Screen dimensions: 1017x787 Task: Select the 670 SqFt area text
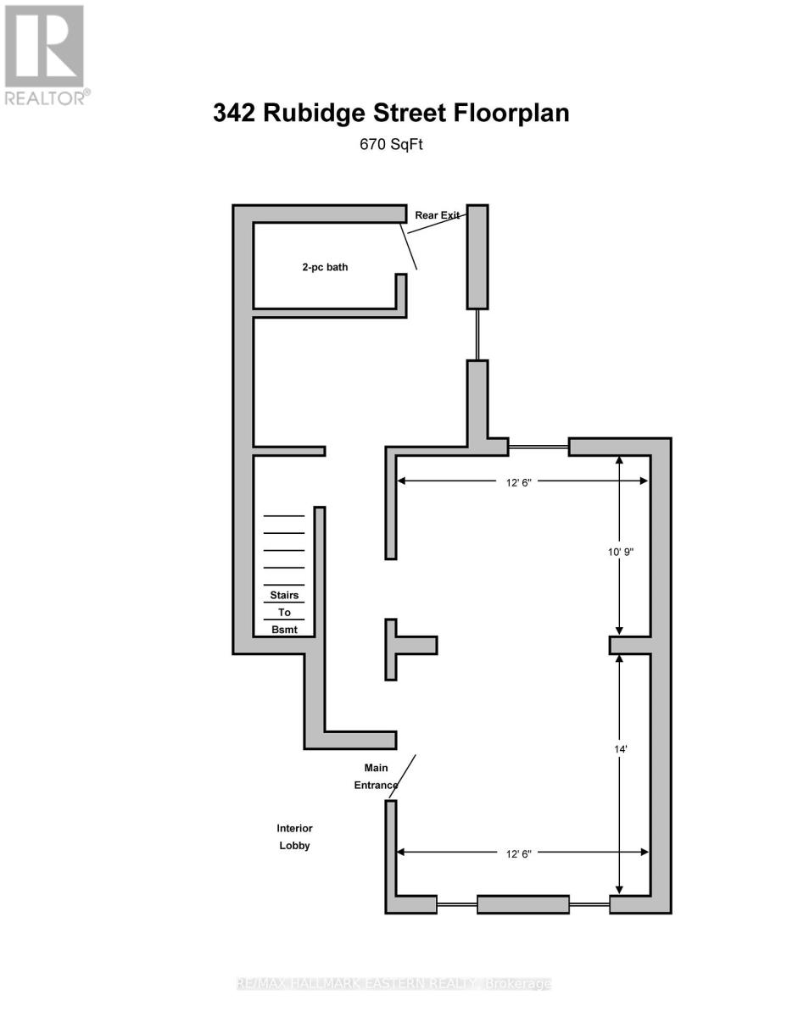(x=392, y=145)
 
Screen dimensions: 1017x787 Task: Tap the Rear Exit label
(x=436, y=215)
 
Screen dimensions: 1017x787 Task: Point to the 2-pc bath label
(x=325, y=267)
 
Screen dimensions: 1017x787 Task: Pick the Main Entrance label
(x=376, y=776)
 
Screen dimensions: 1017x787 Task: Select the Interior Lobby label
(x=294, y=836)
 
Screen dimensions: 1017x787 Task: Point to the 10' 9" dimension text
(x=621, y=552)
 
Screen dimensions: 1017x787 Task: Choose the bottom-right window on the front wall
(x=589, y=904)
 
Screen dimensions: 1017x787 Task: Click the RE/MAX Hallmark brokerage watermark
(x=393, y=984)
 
